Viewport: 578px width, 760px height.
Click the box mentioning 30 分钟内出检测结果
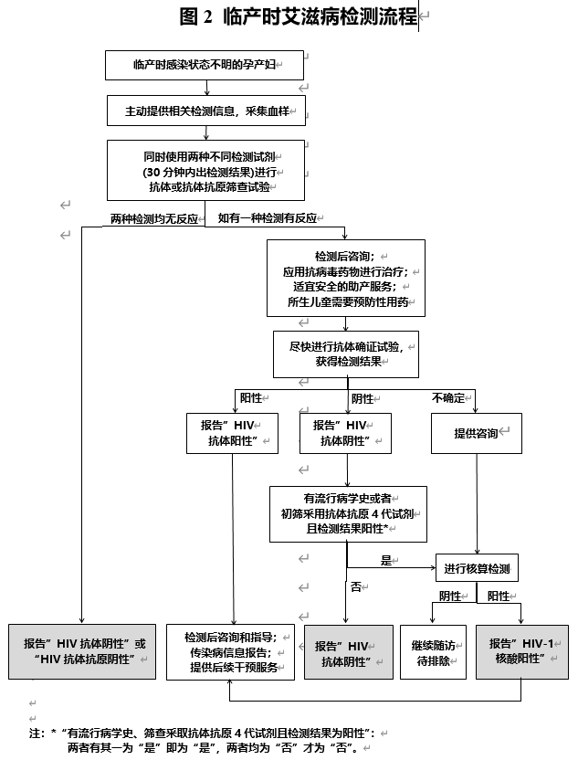pos(210,171)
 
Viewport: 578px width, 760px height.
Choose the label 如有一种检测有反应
pos(268,218)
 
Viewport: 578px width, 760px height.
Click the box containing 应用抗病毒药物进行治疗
pos(346,279)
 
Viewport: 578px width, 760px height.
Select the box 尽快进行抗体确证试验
pos(346,354)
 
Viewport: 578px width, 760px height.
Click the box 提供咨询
pos(477,433)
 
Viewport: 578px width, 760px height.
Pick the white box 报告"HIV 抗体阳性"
pos(232,433)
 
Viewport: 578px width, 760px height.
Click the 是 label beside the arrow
pos(385,560)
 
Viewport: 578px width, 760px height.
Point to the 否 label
pos(356,587)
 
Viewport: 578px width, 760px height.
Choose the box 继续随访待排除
pos(435,652)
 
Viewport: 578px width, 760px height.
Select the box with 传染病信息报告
pos(231,652)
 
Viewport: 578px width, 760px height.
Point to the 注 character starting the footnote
pos(36,733)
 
